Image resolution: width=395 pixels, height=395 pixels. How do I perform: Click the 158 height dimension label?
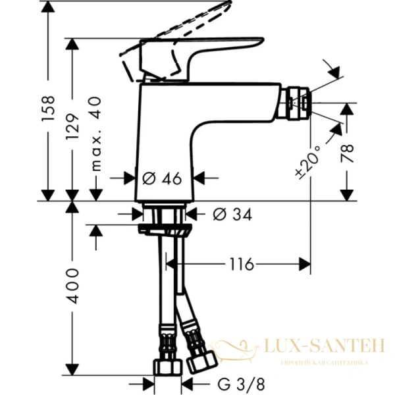click(x=47, y=109)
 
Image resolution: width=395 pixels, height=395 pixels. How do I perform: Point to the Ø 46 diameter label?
click(x=162, y=177)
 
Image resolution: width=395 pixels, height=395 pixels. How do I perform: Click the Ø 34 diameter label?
click(x=232, y=213)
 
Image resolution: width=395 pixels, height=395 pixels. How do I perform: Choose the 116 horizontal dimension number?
click(x=241, y=265)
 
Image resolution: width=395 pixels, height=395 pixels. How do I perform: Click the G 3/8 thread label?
click(x=232, y=383)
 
